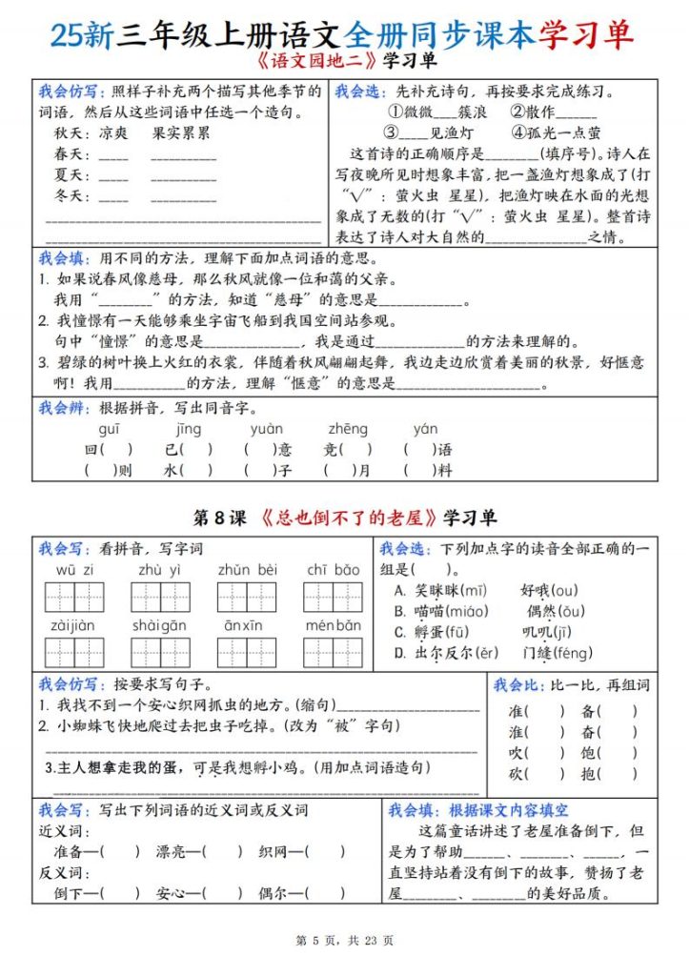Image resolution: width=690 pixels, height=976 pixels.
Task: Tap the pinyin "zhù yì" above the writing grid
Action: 159,570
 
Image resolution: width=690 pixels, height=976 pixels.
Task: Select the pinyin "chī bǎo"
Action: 333,570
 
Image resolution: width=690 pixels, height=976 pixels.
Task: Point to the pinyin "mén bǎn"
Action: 333,625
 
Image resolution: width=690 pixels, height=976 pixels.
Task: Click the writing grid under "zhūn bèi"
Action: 246,597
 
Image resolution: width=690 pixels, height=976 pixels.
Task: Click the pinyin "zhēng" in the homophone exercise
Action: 348,429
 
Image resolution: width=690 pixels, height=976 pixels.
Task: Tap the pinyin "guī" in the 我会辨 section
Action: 109,429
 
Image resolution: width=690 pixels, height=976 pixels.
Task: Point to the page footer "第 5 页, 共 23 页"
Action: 345,940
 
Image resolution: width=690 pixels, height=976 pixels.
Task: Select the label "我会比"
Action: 515,685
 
